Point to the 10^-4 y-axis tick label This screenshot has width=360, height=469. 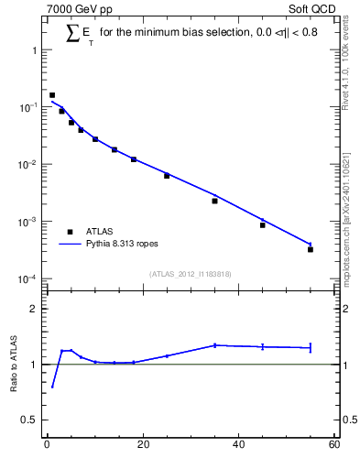30,279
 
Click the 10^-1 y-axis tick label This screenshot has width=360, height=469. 30,108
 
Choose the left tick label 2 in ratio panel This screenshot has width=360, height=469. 36,309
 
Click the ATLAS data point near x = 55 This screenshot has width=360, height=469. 311,249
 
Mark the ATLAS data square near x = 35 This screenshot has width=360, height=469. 214,201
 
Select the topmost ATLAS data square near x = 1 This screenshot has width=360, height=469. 52,94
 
